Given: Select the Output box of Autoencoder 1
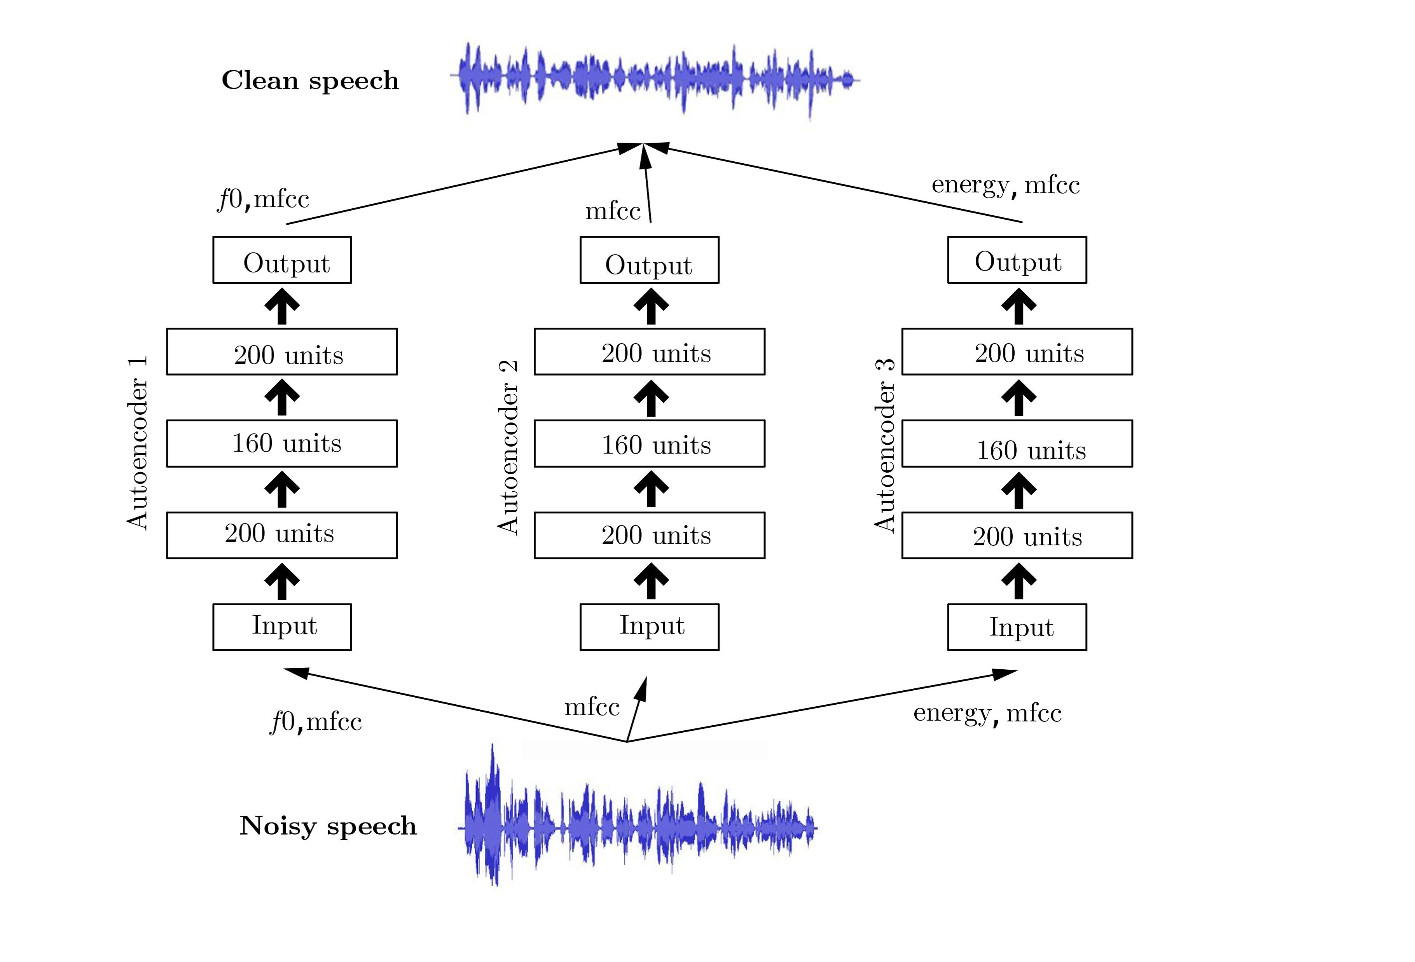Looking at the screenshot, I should tap(282, 260).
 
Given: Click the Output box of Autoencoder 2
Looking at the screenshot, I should tap(649, 260).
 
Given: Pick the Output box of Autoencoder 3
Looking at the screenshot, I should tap(1017, 260).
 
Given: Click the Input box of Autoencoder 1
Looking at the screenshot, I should tap(282, 627).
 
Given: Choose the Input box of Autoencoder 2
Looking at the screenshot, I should tap(649, 627).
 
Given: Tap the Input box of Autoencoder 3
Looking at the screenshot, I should tap(1017, 627).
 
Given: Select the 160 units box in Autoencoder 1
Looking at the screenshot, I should tap(282, 443).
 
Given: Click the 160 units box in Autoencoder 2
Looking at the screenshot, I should tap(649, 443).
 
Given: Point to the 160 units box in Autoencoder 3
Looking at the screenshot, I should tap(1017, 443).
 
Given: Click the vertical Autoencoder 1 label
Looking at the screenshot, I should tap(138, 443).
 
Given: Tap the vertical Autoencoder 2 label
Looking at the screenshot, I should tap(508, 447).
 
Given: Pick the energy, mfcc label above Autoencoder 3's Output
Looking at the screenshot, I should tap(1005, 185).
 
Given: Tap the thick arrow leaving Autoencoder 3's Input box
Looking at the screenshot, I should tap(1018, 581).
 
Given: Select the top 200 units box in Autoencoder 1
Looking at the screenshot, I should tap(282, 352).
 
